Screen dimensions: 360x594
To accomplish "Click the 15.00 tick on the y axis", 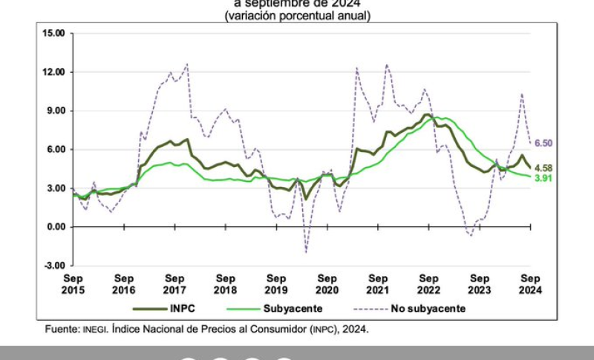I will pos(55,33).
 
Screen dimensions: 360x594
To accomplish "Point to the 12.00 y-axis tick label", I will pos(55,72).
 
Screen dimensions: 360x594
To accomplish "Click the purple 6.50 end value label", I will pos(544,143).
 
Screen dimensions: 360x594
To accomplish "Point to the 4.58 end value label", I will pos(544,168).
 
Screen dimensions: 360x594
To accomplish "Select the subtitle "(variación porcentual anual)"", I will pos(297,16).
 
